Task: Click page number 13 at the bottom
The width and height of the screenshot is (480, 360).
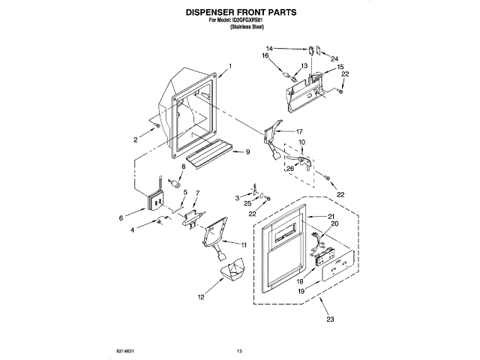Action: (240, 350)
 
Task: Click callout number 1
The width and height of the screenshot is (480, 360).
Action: (230, 67)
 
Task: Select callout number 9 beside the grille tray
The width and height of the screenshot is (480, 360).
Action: (247, 152)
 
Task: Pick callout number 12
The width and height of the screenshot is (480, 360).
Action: (200, 298)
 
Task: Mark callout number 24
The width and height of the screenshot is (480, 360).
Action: (334, 59)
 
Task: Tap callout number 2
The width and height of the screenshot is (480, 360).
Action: (136, 140)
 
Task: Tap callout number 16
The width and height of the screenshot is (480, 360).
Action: (265, 55)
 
